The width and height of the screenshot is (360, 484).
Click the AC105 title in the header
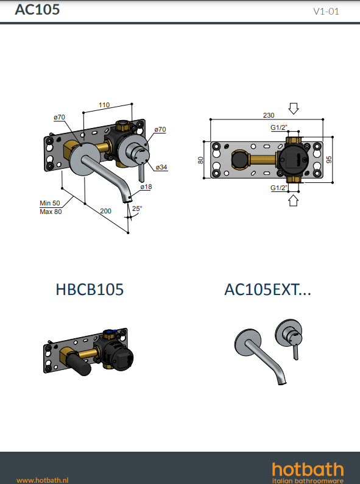[37, 10]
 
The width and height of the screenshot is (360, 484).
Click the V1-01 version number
[326, 12]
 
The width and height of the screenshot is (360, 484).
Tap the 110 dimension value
[104, 105]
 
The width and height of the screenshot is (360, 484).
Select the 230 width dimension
[269, 115]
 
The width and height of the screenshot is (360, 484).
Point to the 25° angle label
[137, 208]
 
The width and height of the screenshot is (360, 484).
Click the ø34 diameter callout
[161, 167]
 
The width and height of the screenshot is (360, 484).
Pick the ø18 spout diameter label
[146, 187]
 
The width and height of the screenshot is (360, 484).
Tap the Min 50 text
[50, 203]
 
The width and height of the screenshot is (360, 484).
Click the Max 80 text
[51, 212]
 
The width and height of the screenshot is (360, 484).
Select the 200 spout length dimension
[105, 211]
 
